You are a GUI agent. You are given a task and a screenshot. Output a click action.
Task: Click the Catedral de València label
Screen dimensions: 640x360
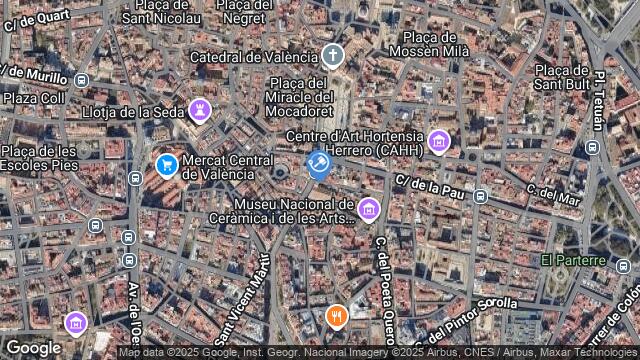pos(252,57)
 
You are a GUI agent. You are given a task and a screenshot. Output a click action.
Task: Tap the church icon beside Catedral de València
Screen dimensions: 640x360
pos(332,56)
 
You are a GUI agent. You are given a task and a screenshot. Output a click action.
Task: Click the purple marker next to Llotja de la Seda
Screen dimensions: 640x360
pos(200,109)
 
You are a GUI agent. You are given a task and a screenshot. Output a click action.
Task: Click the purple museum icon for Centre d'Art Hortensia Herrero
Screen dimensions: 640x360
pos(437,143)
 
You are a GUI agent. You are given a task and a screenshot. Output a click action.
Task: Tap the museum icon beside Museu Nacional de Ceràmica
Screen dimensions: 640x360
pos(368,208)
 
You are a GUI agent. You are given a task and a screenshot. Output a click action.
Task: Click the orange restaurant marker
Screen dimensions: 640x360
pos(337,318)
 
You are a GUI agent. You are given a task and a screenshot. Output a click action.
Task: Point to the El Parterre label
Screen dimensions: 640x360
pos(573,261)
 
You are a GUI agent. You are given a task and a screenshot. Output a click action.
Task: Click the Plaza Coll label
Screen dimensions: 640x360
pos(33,98)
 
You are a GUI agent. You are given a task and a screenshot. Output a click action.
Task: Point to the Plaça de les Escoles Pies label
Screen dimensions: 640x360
pos(38,157)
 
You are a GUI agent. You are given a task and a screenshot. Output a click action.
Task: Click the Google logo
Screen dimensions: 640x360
pos(33,347)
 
